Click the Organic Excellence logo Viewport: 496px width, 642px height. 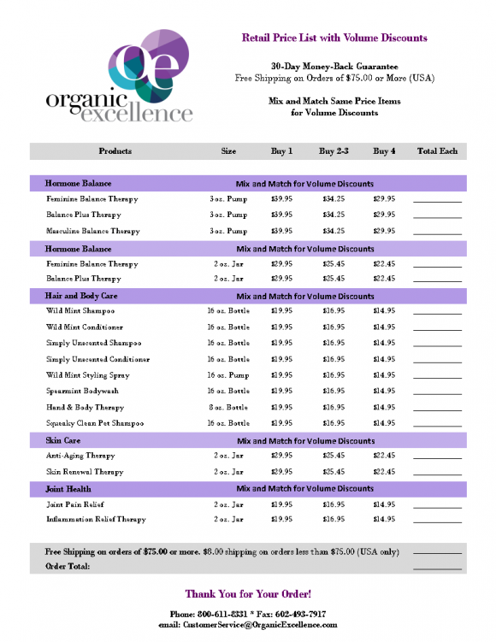click(119, 77)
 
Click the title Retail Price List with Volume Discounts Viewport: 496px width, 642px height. click(334, 38)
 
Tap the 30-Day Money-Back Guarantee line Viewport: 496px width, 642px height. click(334, 66)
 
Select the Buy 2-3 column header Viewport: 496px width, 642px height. click(334, 151)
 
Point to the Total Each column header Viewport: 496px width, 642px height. click(437, 151)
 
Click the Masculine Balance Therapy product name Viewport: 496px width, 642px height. click(92, 231)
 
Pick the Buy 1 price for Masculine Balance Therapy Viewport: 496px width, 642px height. click(281, 231)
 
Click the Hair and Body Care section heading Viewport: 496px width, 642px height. click(80, 296)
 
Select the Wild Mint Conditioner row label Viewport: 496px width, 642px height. click(85, 327)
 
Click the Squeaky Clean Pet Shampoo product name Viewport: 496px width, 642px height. click(94, 423)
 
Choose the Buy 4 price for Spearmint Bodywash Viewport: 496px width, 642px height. click(384, 392)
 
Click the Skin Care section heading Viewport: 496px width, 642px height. click(63, 441)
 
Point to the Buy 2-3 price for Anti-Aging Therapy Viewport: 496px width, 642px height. click(334, 456)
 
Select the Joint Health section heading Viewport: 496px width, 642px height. click(68, 489)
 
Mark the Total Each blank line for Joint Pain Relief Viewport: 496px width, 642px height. click(437, 505)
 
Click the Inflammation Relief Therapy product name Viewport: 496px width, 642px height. click(97, 519)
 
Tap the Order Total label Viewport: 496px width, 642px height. click(68, 566)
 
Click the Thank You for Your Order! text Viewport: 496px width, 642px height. click(248, 593)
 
